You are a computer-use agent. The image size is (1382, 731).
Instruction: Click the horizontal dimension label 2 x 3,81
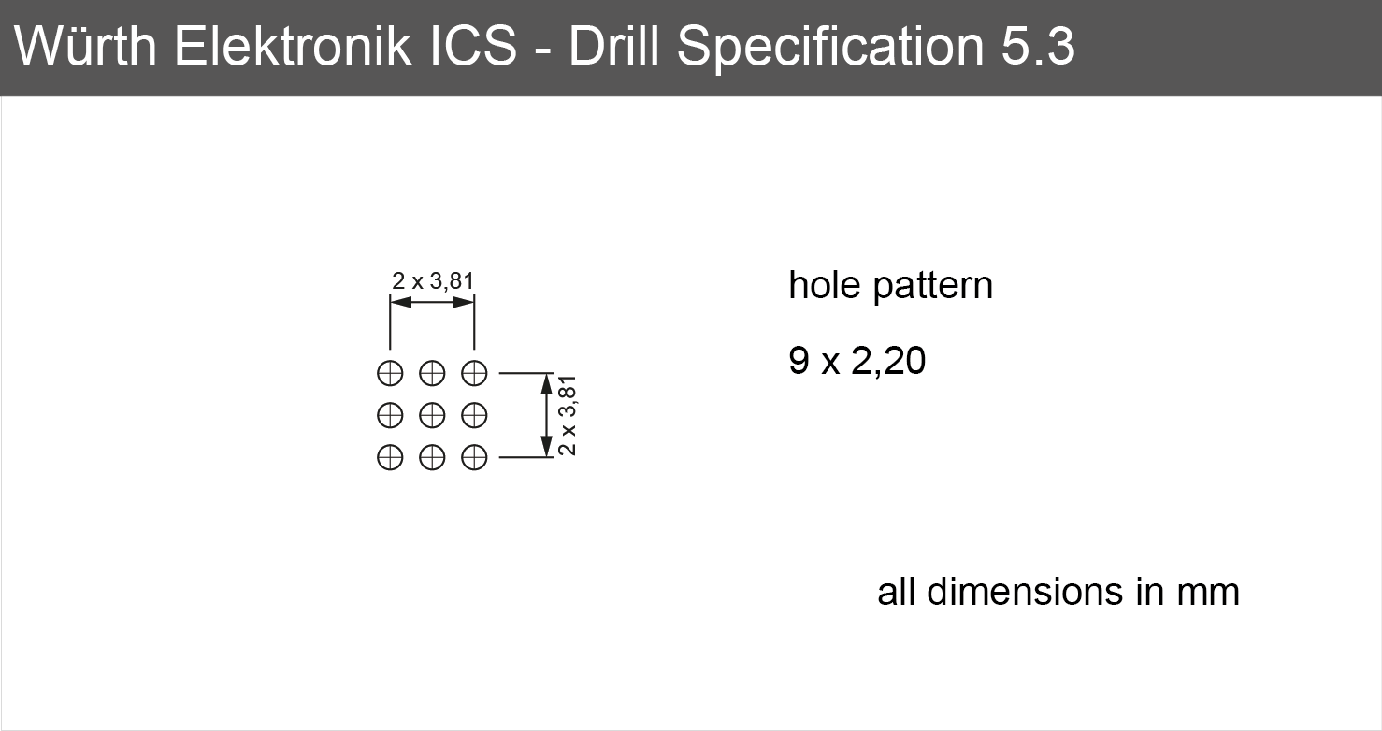pyautogui.click(x=433, y=281)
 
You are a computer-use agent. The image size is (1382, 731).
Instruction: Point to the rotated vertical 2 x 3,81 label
pyautogui.click(x=567, y=415)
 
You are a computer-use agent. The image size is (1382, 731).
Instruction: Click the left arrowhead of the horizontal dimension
pyautogui.click(x=400, y=302)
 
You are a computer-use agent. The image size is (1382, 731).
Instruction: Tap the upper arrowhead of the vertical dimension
pyautogui.click(x=547, y=383)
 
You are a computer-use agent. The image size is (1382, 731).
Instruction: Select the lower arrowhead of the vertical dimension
pyautogui.click(x=547, y=447)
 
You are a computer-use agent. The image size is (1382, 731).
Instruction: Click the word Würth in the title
pyautogui.click(x=85, y=45)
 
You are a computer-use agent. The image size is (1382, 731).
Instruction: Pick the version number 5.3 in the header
pyautogui.click(x=1038, y=46)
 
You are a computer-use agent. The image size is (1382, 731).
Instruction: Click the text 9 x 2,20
pyautogui.click(x=857, y=361)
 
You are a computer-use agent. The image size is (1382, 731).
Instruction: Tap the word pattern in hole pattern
pyautogui.click(x=933, y=286)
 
